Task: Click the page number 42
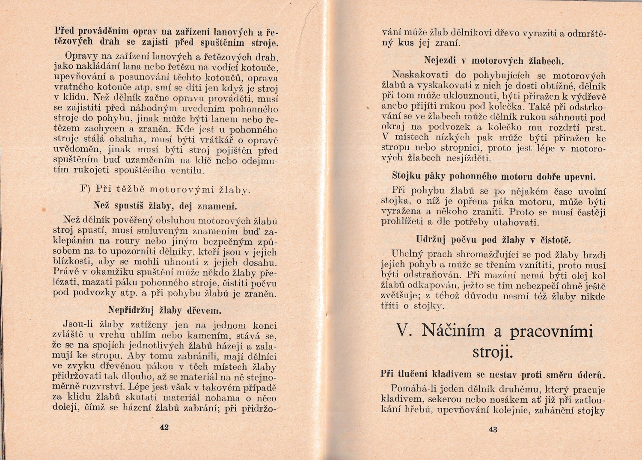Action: point(164,427)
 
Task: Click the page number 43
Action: point(493,430)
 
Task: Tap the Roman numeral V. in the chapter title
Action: point(404,330)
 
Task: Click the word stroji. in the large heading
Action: point(493,352)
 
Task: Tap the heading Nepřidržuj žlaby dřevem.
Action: point(164,310)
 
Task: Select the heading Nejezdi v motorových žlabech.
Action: point(494,60)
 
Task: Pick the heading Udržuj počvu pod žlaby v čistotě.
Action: point(493,239)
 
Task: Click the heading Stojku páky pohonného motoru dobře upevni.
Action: point(493,176)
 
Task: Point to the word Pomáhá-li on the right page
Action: point(412,389)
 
